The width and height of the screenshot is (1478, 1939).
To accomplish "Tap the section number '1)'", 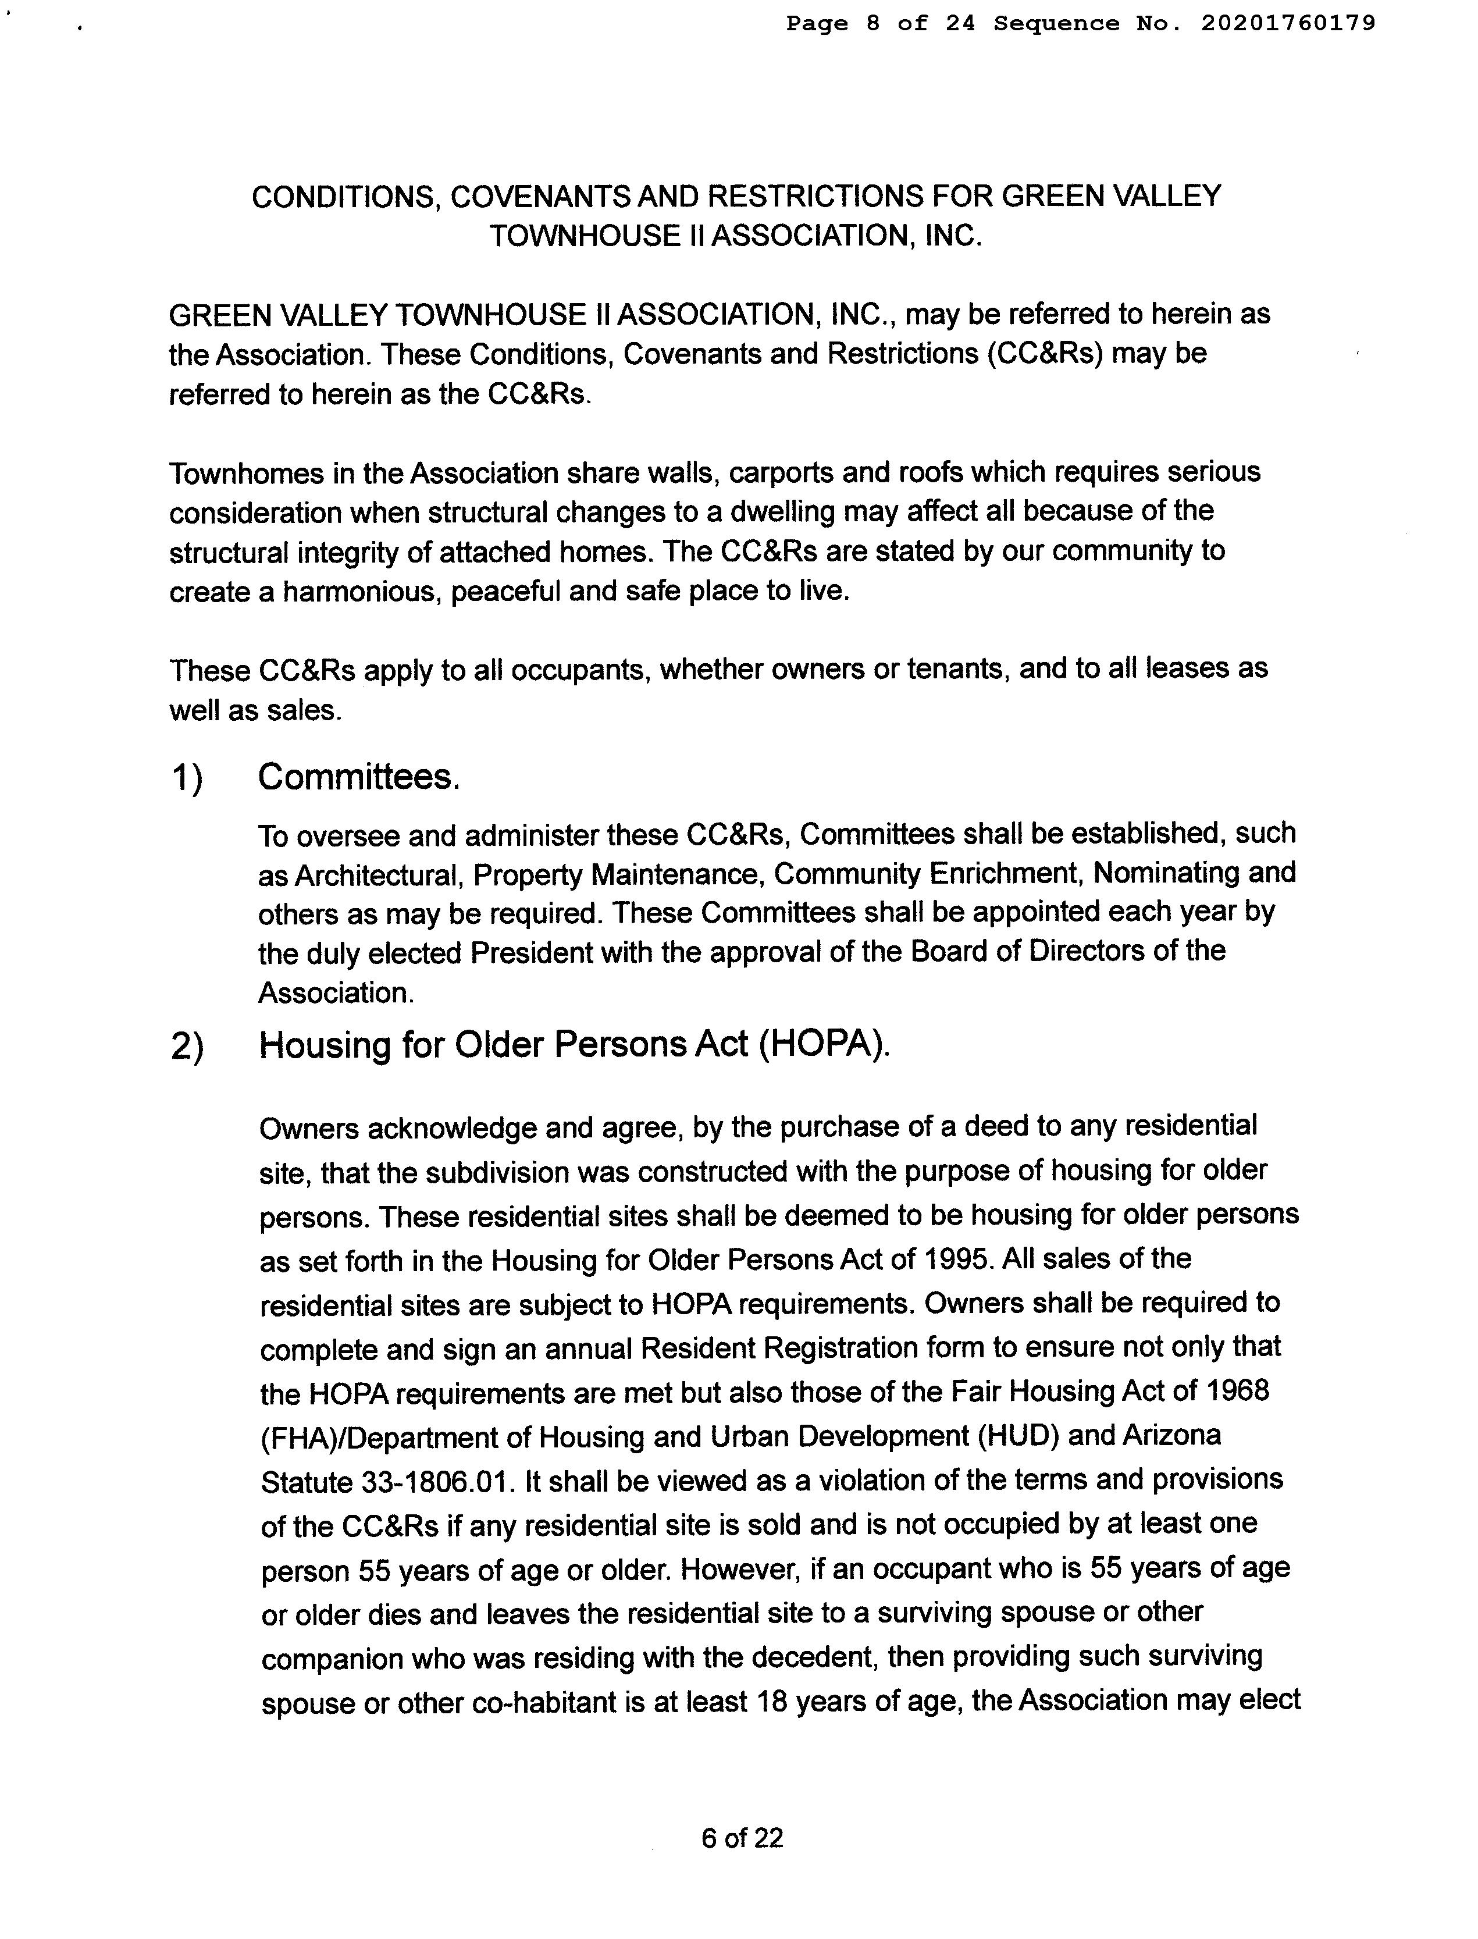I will pos(187,778).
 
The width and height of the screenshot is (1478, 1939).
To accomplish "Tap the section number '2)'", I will pos(187,1047).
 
